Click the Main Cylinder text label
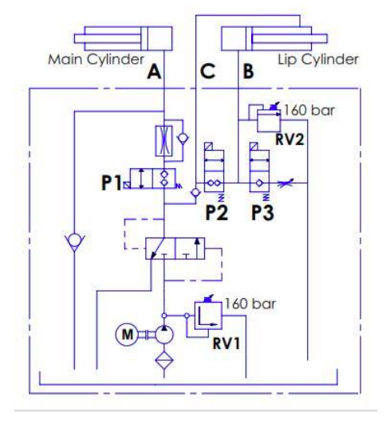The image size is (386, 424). [x=96, y=60]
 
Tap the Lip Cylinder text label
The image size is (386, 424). [x=318, y=60]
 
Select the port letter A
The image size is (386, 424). [x=154, y=72]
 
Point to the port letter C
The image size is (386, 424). [x=207, y=72]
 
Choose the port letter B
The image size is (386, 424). [x=248, y=72]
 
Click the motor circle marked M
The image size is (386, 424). [x=127, y=335]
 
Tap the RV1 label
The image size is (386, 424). [x=226, y=344]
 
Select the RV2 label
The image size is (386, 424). [x=289, y=139]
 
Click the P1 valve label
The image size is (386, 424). [x=111, y=183]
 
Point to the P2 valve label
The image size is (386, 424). [x=217, y=213]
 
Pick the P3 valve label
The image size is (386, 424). [x=262, y=213]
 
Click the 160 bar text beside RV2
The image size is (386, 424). [x=309, y=110]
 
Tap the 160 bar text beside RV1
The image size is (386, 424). [x=250, y=304]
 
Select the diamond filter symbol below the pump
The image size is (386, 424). [x=164, y=360]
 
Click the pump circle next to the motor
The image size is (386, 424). [x=164, y=335]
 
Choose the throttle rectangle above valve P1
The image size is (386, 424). [x=164, y=141]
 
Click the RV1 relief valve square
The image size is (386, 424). [x=208, y=316]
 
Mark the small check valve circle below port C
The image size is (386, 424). [x=195, y=193]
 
